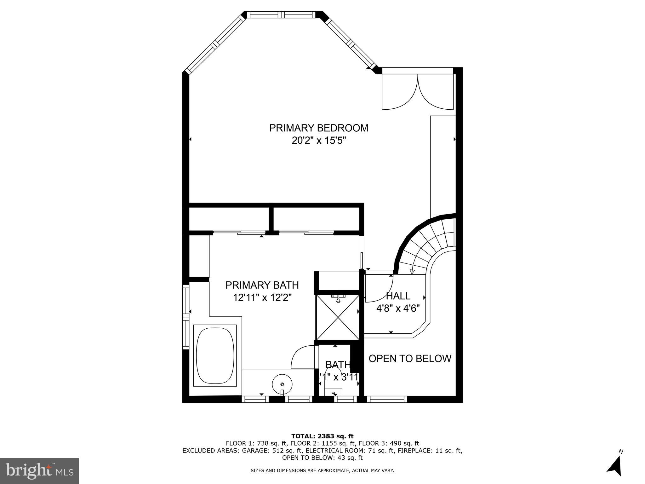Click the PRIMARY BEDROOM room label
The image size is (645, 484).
[318, 128]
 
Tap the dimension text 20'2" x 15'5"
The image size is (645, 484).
[318, 141]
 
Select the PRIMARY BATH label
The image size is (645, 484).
[262, 285]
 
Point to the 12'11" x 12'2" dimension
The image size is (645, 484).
[262, 297]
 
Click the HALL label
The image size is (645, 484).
[398, 296]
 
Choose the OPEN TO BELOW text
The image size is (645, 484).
[410, 359]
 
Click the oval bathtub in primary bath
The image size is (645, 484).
[215, 355]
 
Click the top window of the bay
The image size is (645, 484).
[281, 14]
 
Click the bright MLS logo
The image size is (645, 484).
[39, 471]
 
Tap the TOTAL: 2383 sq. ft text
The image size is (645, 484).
[322, 436]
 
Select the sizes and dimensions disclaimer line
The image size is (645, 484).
[322, 471]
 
